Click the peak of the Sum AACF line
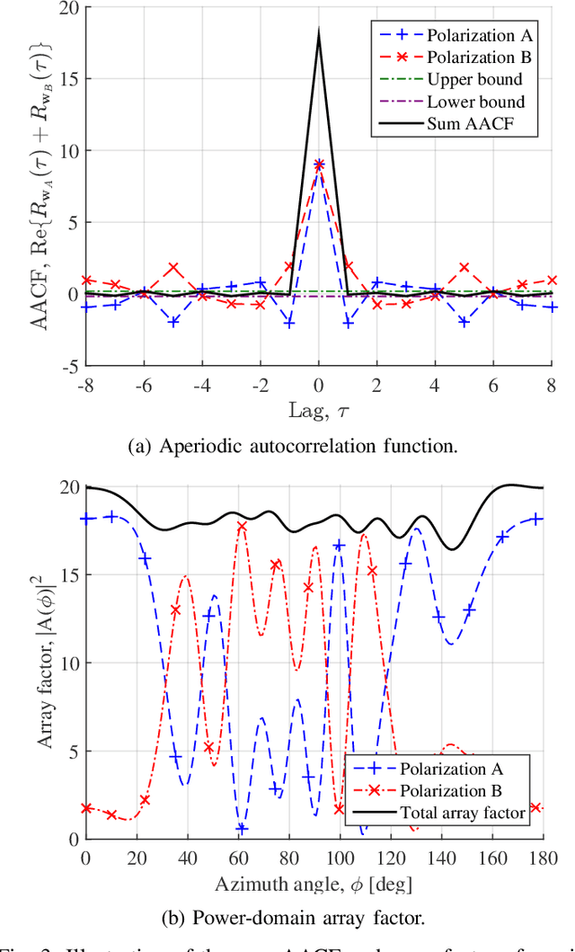click(x=318, y=31)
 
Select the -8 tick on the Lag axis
click(x=85, y=386)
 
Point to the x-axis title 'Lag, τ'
click(x=318, y=410)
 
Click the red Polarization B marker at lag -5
click(x=172, y=269)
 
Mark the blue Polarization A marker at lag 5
click(x=464, y=322)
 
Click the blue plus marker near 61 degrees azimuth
click(x=241, y=829)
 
